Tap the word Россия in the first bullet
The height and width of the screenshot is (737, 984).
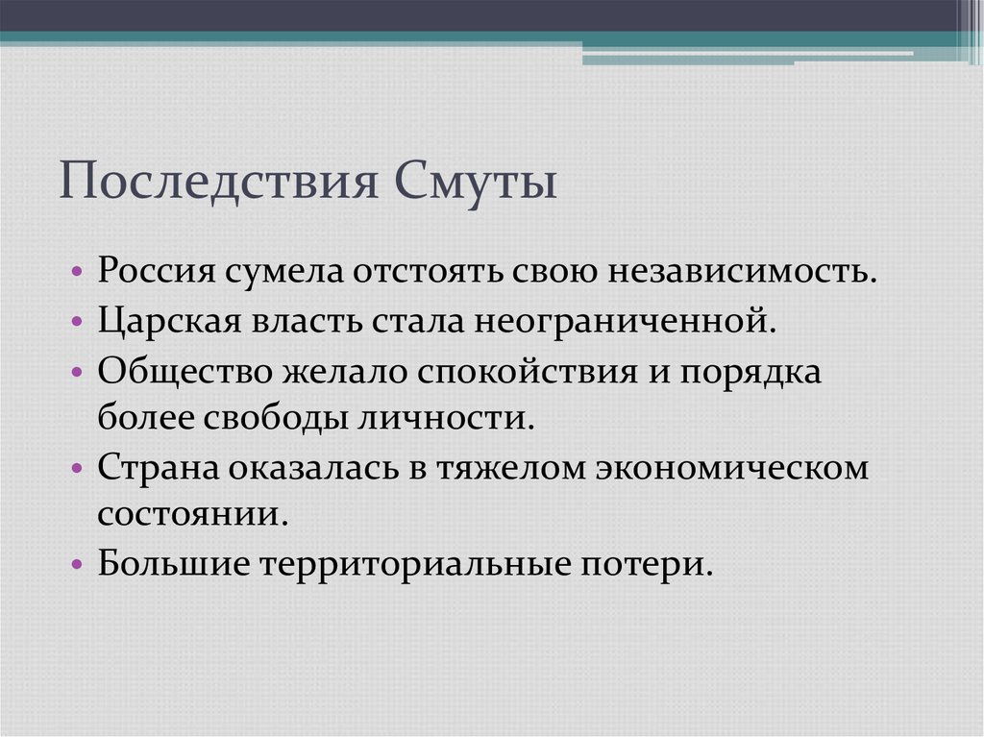coord(155,270)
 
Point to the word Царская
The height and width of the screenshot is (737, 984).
coord(160,320)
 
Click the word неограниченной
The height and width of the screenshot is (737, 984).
coord(623,320)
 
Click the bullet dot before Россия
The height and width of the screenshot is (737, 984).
coord(76,272)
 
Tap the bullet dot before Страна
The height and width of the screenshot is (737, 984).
coord(76,470)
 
